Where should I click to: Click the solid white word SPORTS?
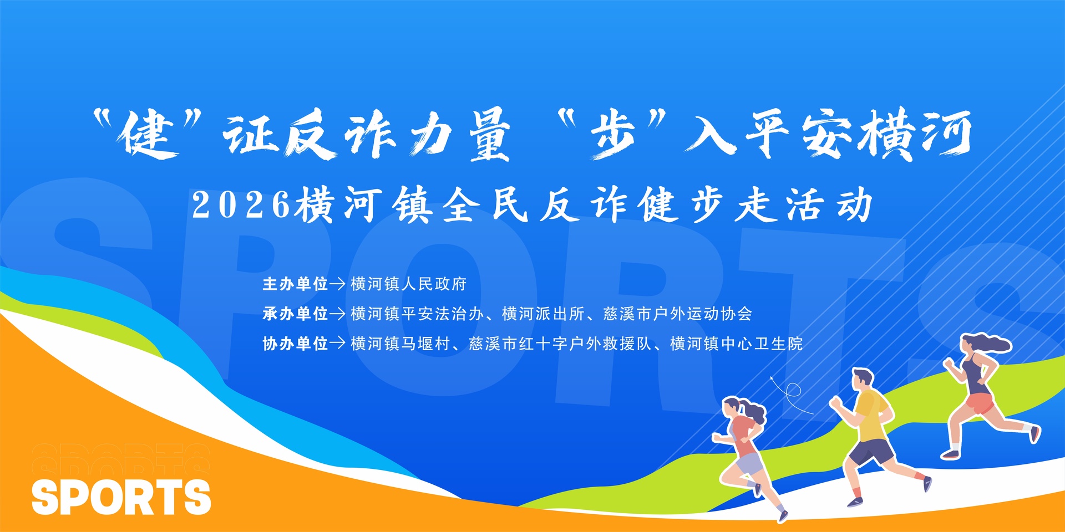[121, 497]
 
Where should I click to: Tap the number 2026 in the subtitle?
[241, 205]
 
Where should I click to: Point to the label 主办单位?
[295, 284]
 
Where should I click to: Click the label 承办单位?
[295, 314]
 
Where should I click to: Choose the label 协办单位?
[295, 344]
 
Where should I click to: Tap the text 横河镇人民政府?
[409, 284]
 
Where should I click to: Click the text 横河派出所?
[543, 314]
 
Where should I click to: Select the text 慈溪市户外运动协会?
[678, 314]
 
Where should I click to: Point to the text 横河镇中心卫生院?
[737, 344]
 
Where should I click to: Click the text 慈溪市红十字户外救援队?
[560, 344]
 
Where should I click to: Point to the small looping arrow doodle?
[791, 394]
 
